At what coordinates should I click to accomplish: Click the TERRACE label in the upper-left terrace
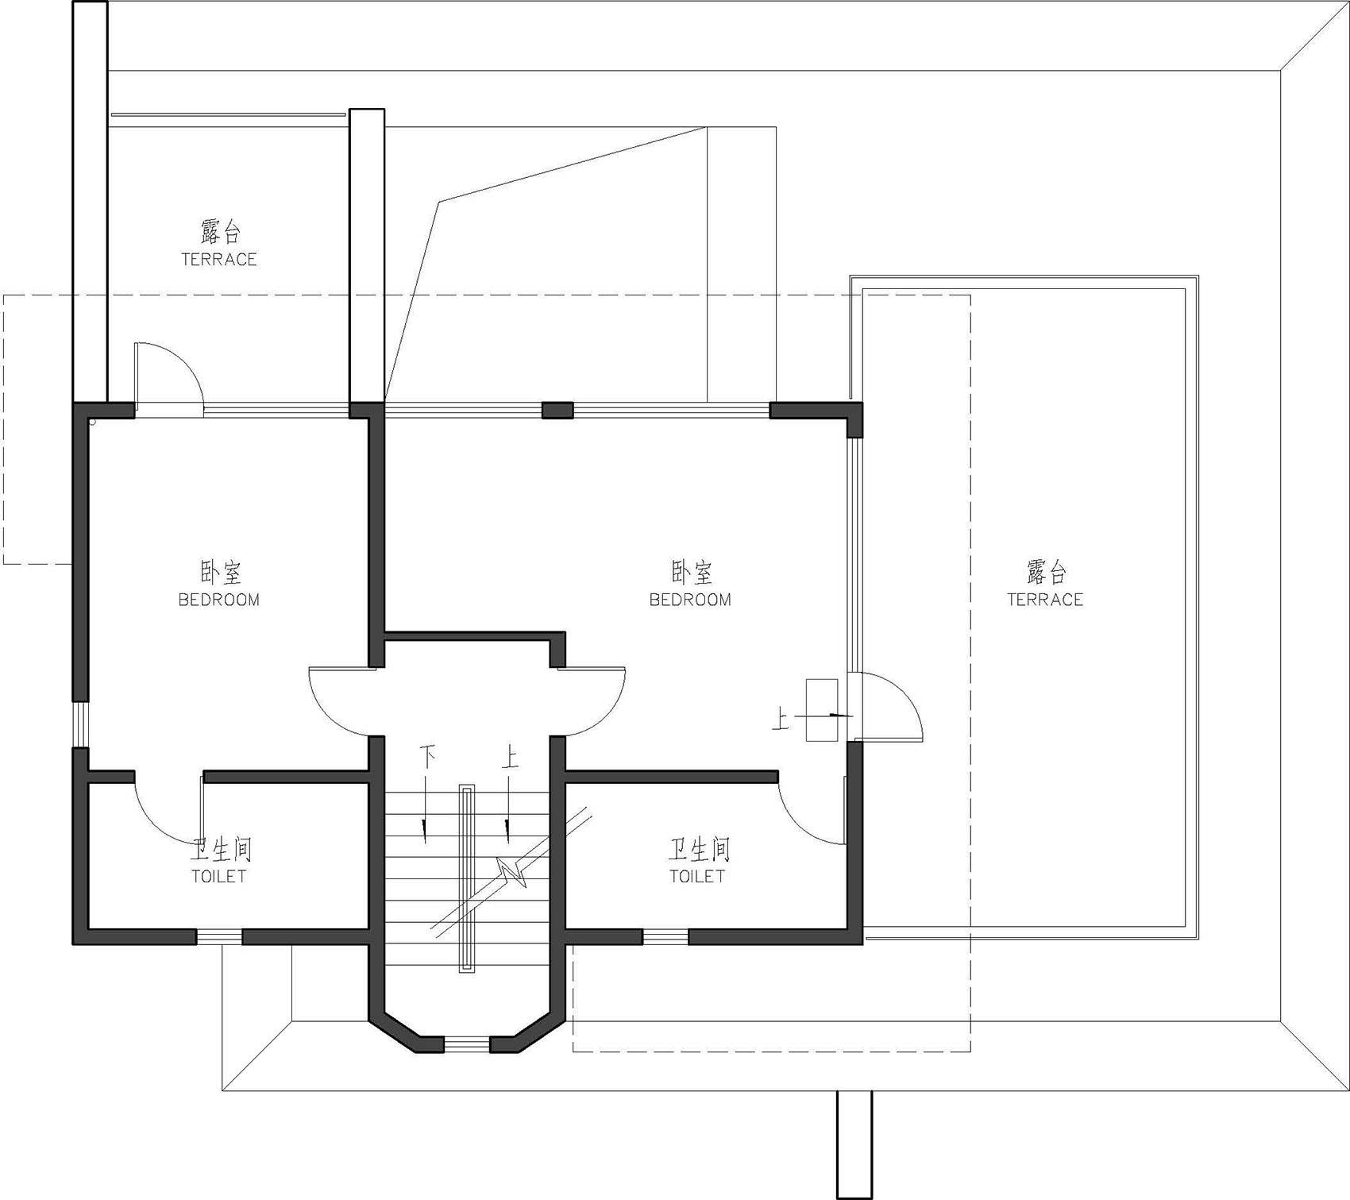219,260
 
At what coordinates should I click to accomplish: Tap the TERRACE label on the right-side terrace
1045,600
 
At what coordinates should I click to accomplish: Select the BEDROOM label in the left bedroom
219,600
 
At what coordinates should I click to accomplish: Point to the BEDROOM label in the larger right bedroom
690,600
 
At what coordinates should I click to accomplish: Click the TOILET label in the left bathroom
219,876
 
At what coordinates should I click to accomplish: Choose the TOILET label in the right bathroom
697,876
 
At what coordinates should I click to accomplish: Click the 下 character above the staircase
427,757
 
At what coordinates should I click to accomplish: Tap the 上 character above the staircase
510,757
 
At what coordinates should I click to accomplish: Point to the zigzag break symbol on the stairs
512,872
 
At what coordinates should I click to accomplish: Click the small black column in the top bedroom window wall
557,411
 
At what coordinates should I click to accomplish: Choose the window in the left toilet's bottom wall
219,937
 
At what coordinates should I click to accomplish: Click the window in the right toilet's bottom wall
665,937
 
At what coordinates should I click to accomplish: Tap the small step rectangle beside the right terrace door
822,710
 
